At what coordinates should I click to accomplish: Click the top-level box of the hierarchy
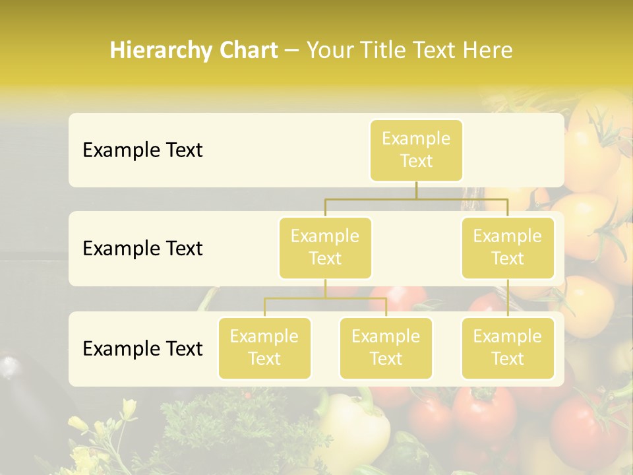tap(416, 150)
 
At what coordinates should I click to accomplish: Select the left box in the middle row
tap(325, 247)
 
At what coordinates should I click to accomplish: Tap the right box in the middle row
tap(508, 247)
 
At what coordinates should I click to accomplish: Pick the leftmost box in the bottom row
tap(264, 348)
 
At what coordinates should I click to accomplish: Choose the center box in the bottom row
tap(386, 348)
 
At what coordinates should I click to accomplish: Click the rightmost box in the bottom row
tap(508, 348)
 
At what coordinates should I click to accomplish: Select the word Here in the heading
tap(489, 50)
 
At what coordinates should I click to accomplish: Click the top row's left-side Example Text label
tap(142, 150)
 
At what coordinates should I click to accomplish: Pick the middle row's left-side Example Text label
tap(142, 249)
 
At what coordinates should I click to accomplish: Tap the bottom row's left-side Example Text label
tap(142, 349)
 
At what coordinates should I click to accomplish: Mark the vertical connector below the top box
tap(416, 190)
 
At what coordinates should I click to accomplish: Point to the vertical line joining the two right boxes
tap(508, 298)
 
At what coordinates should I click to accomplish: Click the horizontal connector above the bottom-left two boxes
tap(325, 298)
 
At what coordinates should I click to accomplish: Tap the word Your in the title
tap(328, 50)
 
